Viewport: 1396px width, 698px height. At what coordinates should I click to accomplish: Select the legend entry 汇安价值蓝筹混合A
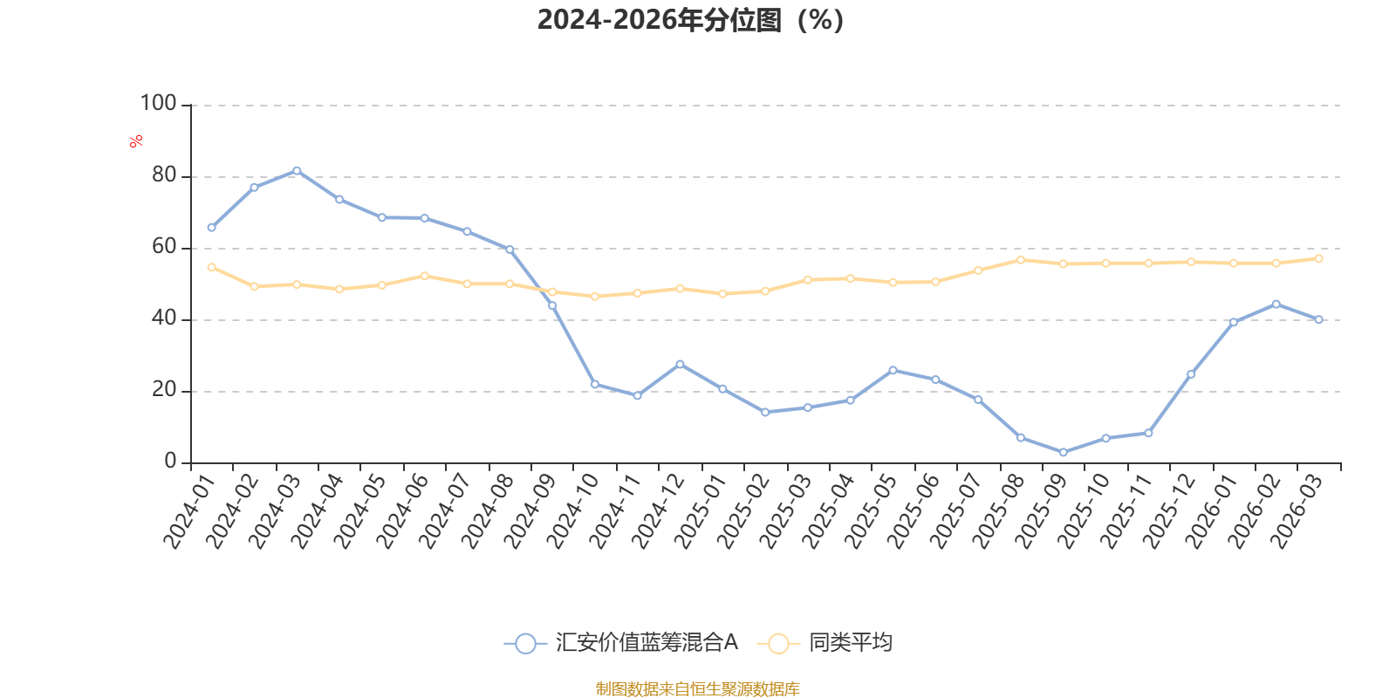click(x=621, y=642)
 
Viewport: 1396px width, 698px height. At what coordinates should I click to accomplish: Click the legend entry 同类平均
click(x=825, y=642)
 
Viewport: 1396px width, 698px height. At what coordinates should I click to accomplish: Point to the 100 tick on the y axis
click(x=158, y=104)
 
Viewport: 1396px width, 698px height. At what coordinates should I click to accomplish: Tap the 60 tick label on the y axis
click(x=164, y=247)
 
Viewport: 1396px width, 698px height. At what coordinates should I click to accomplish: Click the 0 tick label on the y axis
click(x=170, y=462)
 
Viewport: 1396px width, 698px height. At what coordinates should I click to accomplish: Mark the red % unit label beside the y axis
click(x=136, y=141)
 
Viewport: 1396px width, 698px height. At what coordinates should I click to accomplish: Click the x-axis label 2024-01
click(x=188, y=511)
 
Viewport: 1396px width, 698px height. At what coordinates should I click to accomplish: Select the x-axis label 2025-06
click(x=913, y=511)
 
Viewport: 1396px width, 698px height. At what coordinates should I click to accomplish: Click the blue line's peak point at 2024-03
click(x=297, y=171)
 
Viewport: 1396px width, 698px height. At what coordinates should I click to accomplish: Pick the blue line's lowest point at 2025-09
click(x=1064, y=453)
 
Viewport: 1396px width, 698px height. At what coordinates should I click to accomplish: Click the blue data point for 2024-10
click(x=594, y=385)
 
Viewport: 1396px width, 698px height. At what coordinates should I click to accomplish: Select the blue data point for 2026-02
click(x=1276, y=305)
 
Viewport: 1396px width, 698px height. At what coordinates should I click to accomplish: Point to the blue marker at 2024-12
click(x=680, y=364)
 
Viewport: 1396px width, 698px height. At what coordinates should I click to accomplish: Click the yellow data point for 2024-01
click(x=211, y=267)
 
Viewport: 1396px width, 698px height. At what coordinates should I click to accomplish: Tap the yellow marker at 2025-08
click(x=1021, y=260)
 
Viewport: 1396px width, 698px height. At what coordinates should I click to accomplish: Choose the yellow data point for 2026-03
click(x=1318, y=258)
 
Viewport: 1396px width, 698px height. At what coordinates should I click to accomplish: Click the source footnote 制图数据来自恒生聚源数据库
click(x=697, y=688)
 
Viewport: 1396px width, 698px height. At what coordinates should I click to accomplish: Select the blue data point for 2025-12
click(x=1191, y=374)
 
